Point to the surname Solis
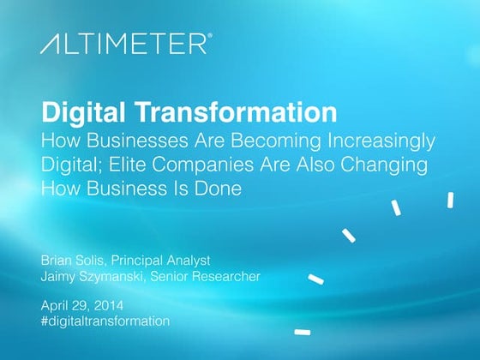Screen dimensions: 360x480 pyautogui.click(x=99, y=259)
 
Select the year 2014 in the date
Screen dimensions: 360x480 pyautogui.click(x=110, y=304)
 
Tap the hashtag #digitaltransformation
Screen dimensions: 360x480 pyautogui.click(x=105, y=321)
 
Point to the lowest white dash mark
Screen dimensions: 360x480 pyautogui.click(x=301, y=331)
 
